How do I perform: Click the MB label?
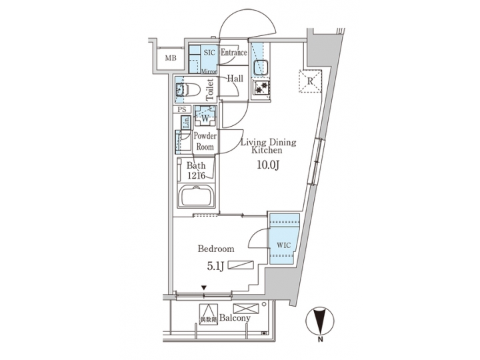point(171,59)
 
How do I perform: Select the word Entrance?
point(233,53)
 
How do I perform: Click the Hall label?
point(234,79)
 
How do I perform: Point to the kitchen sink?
point(259,67)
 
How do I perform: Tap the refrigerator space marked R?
point(310,81)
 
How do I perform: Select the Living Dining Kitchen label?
point(267,147)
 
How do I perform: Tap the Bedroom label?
point(215,249)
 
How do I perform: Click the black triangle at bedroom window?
point(205,288)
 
